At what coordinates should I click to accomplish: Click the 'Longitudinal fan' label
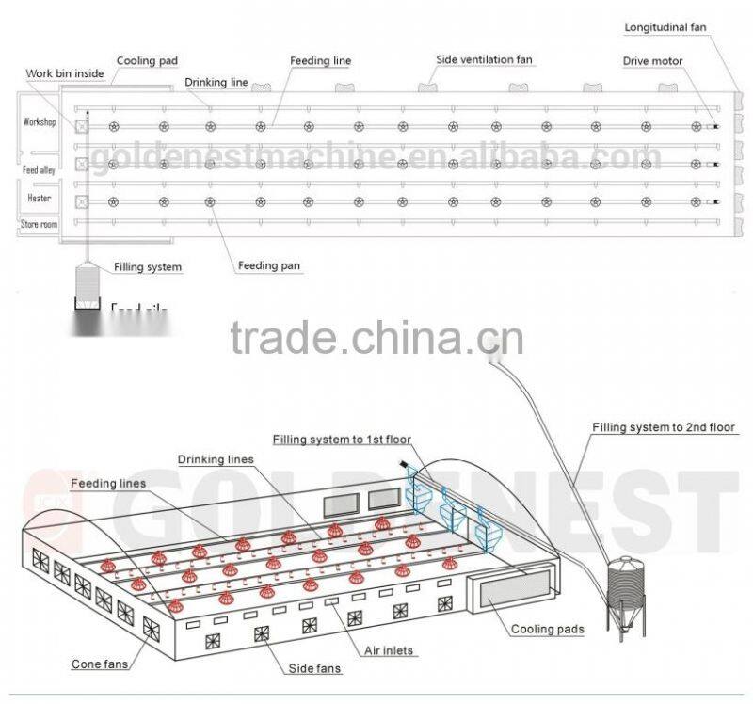point(665,27)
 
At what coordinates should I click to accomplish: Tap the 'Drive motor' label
point(652,61)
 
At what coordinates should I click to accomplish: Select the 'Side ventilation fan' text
point(484,59)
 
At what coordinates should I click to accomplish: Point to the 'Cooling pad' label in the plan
point(147,61)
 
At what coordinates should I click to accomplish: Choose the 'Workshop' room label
point(40,122)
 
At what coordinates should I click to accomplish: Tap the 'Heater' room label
point(39,199)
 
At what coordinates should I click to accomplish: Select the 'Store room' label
point(39,224)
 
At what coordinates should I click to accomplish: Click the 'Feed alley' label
point(39,170)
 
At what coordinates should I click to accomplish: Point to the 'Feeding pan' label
point(269,265)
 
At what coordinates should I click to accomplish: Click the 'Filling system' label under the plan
point(148,267)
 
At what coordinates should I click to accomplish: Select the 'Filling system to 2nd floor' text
point(663,427)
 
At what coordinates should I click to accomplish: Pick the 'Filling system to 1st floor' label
point(342,440)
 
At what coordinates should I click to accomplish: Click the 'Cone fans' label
point(100,664)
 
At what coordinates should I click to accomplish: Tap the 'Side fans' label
point(314,668)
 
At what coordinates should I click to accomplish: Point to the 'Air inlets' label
point(389,650)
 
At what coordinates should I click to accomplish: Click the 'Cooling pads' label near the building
point(547,629)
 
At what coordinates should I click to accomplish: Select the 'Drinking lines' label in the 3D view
point(215,459)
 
